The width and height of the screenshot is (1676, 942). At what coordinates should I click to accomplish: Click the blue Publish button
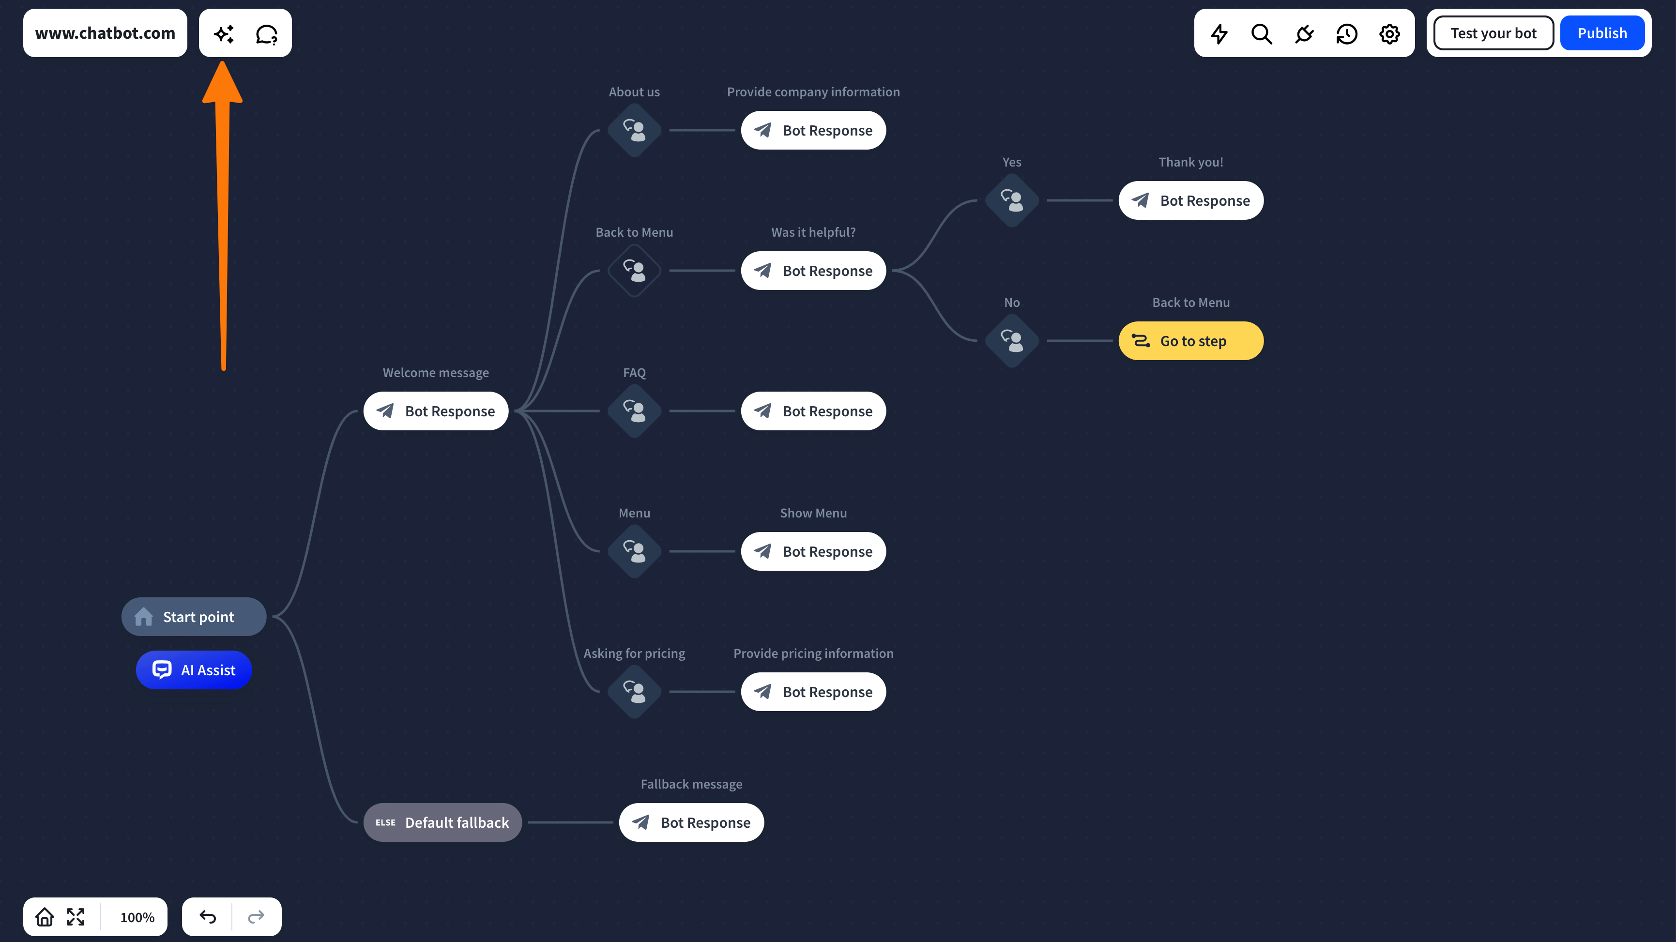(1602, 33)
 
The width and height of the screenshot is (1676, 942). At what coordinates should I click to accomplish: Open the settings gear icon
(1389, 34)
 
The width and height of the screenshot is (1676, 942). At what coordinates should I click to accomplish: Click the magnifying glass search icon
(1262, 34)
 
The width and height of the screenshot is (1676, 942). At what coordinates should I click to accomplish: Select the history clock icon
(1347, 34)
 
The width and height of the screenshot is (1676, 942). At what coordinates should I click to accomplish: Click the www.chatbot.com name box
(105, 33)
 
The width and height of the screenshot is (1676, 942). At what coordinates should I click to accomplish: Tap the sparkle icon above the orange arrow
(224, 34)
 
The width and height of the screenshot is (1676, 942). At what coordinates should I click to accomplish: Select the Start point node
(194, 617)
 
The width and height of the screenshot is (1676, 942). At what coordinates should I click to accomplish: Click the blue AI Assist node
(194, 670)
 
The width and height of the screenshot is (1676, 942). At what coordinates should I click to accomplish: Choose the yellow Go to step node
(1190, 341)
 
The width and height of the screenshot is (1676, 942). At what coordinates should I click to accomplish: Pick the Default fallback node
(442, 822)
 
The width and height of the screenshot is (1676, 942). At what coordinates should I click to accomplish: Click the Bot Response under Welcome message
(436, 411)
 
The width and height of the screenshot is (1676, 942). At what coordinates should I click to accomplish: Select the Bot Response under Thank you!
(1190, 200)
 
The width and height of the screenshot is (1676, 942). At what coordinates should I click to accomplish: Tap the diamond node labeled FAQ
(634, 411)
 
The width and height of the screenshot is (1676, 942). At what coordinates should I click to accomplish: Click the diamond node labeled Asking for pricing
(634, 692)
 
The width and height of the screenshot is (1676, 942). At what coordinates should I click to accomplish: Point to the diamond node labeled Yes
(1012, 200)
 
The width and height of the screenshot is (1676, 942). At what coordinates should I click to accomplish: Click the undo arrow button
(208, 917)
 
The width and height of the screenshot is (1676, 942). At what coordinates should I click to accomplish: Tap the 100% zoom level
(137, 917)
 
